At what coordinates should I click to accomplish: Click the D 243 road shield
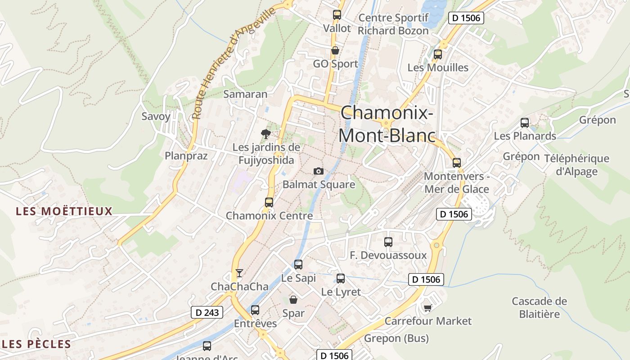207,312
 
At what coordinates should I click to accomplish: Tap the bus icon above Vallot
337,15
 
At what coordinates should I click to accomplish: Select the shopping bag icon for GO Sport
335,50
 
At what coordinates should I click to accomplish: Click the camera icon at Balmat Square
319,171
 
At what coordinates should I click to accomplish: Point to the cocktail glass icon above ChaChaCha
239,273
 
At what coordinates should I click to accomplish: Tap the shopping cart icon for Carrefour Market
427,308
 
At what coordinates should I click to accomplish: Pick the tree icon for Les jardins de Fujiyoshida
266,134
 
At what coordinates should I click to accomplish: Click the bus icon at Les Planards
525,122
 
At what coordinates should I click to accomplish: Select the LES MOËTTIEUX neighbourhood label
64,211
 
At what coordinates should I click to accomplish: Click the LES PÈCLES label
37,345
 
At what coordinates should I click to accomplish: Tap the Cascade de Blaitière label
540,307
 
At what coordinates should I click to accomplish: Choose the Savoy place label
156,117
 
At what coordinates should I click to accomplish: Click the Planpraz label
186,156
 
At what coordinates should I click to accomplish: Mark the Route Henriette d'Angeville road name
233,63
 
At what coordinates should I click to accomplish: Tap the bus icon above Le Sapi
298,265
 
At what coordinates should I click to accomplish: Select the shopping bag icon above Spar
293,300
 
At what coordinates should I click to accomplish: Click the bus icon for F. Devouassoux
388,242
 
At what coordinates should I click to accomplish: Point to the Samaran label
245,94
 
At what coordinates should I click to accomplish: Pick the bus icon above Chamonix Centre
269,202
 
